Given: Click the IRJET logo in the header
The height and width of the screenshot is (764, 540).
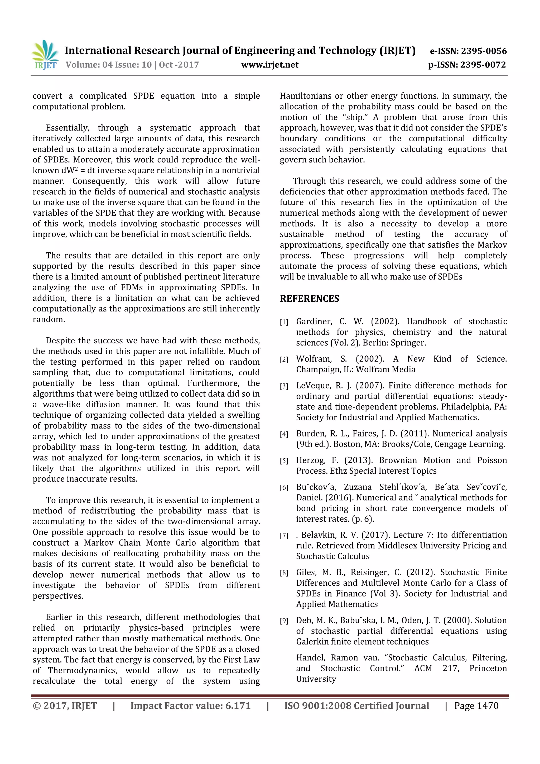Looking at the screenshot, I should (45, 55).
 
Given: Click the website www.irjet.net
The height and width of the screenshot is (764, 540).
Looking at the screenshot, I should (269, 65).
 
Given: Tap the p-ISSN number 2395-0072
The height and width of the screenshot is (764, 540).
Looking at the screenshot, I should (483, 65).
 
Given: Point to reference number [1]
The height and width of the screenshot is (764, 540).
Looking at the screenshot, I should (283, 322).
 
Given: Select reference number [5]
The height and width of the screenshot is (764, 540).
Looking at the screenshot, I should (283, 461).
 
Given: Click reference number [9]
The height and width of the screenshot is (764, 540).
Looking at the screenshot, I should (283, 621).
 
